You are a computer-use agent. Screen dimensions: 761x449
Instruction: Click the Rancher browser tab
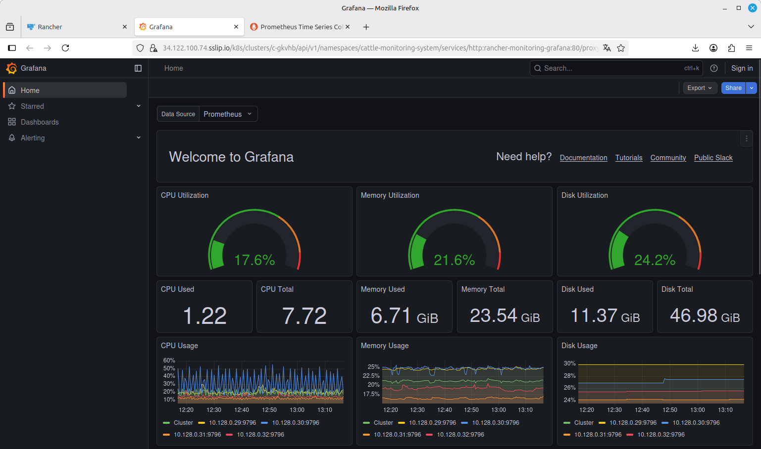[75, 27]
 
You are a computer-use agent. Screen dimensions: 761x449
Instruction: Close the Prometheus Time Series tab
[348, 27]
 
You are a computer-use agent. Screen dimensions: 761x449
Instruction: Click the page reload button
[65, 48]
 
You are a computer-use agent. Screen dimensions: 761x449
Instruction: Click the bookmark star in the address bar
[621, 48]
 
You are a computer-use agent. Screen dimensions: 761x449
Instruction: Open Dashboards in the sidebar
[40, 122]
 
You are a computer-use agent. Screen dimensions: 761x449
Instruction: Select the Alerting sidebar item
[33, 138]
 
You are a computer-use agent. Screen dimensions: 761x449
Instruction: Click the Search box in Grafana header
[616, 68]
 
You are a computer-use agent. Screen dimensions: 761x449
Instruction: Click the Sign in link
[742, 68]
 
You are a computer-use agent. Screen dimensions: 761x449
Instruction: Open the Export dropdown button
[700, 88]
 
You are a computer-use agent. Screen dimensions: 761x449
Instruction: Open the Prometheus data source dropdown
[228, 114]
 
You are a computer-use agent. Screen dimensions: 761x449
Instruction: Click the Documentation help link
[583, 158]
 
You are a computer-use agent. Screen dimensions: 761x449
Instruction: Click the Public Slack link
[713, 158]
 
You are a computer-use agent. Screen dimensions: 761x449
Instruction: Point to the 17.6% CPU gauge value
[254, 260]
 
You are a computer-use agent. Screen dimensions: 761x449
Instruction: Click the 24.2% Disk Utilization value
[655, 260]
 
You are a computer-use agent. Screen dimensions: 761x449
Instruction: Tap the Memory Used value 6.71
[391, 315]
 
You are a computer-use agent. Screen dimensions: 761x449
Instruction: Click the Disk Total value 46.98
[693, 315]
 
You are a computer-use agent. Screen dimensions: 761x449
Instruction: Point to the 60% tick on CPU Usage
[169, 360]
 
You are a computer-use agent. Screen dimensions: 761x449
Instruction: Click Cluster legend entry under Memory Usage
[378, 422]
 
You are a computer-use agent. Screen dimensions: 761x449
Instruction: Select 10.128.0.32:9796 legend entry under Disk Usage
[656, 434]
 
